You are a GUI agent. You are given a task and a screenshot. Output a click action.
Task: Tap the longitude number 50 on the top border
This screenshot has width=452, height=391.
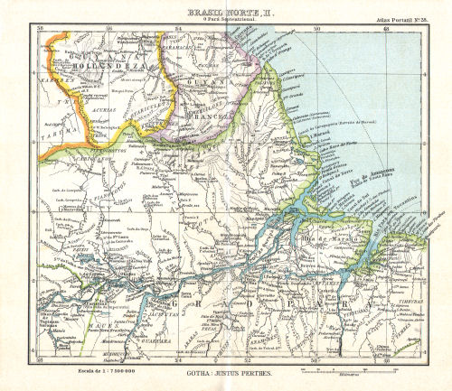click(316, 30)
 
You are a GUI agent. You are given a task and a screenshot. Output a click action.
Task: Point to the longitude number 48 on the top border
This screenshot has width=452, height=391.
click(387, 30)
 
